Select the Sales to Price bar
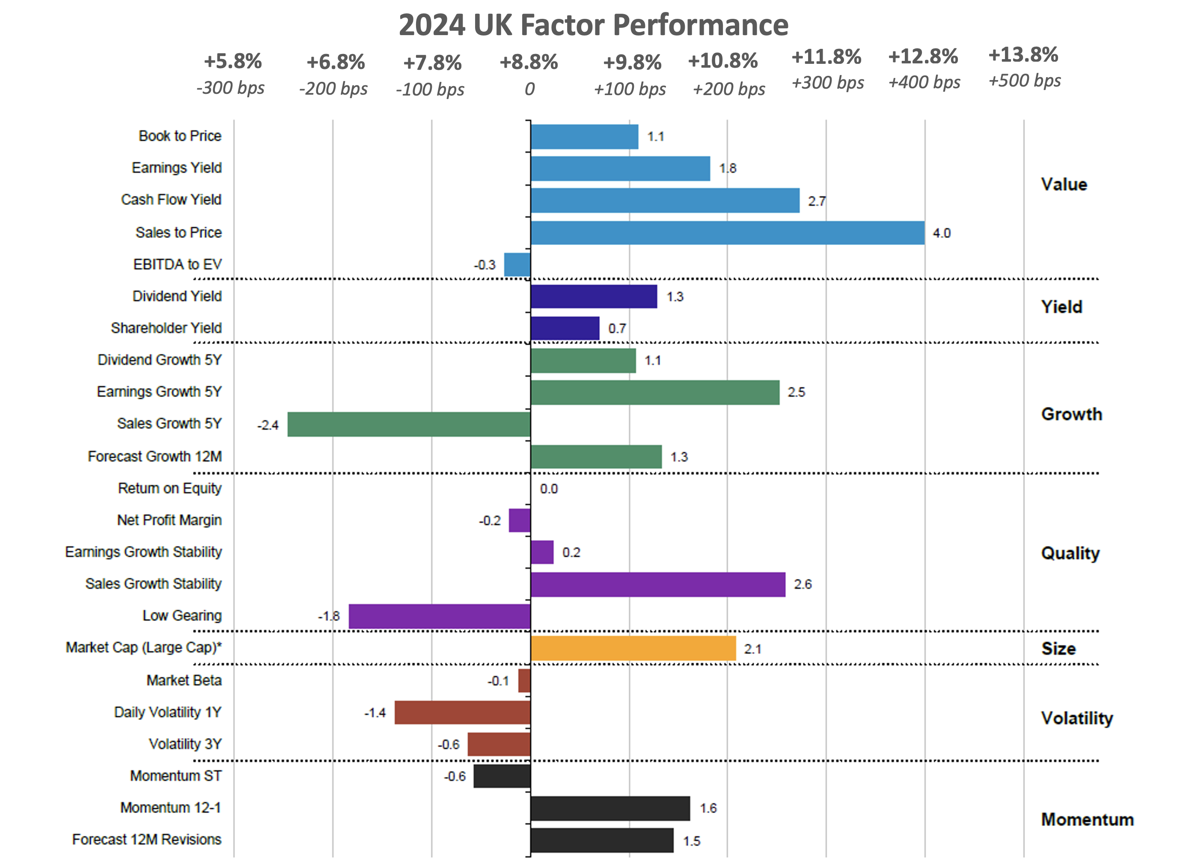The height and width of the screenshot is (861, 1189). pyautogui.click(x=727, y=233)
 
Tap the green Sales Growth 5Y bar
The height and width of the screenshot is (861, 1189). pyautogui.click(x=408, y=424)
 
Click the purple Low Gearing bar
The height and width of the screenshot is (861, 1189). pyautogui.click(x=439, y=616)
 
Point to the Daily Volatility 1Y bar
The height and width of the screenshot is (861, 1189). pyautogui.click(x=462, y=712)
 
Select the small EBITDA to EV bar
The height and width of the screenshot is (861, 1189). pyautogui.click(x=517, y=264)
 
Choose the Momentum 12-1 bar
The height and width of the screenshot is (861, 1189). pyautogui.click(x=610, y=808)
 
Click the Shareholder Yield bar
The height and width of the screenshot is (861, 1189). pyautogui.click(x=565, y=328)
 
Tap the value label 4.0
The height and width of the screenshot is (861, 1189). pyautogui.click(x=941, y=233)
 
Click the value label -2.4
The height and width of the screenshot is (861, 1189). pyautogui.click(x=268, y=425)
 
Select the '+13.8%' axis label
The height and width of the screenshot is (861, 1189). pyautogui.click(x=1023, y=54)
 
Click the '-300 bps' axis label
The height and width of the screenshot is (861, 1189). pyautogui.click(x=230, y=88)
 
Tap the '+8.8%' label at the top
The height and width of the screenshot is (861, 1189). pyautogui.click(x=529, y=63)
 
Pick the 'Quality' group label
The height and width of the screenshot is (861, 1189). pyautogui.click(x=1070, y=553)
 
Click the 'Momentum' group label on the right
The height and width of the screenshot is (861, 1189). pyautogui.click(x=1087, y=819)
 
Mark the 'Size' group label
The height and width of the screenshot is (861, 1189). pyautogui.click(x=1058, y=649)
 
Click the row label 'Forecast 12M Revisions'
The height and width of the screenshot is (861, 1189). pyautogui.click(x=147, y=840)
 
